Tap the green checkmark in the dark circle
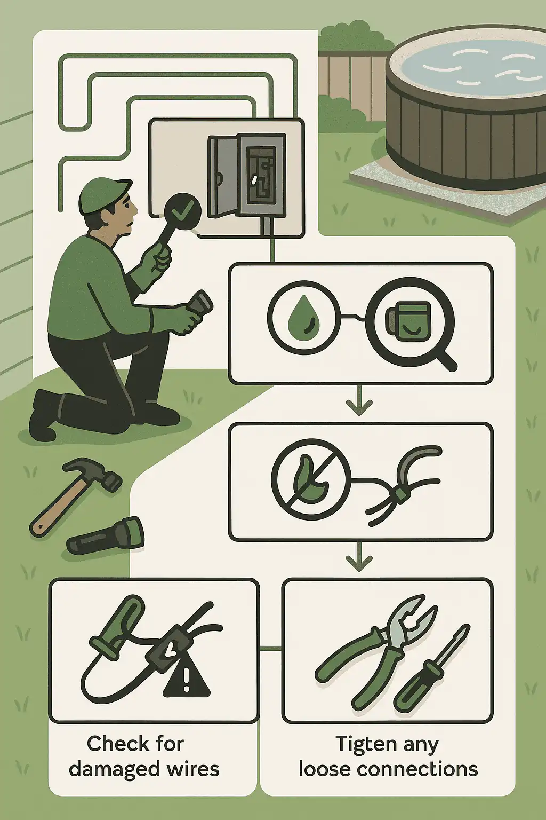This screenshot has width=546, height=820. pyautogui.click(x=183, y=210)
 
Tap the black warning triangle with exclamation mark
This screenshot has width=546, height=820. pyautogui.click(x=187, y=679)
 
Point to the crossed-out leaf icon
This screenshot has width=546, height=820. pyautogui.click(x=311, y=480)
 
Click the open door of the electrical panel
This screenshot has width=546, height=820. pyautogui.click(x=222, y=176)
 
